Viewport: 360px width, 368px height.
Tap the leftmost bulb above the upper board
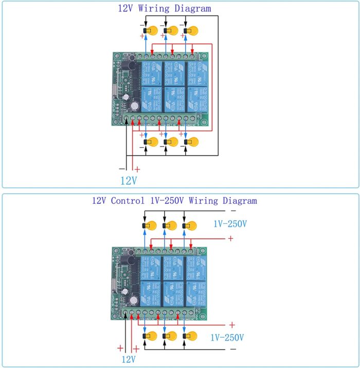coord(150,31)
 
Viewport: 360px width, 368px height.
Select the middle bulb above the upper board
coord(171,31)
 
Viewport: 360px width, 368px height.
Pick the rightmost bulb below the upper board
coord(192,142)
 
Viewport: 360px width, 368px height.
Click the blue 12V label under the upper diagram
coord(129,181)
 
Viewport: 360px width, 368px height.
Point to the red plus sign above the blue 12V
coord(137,168)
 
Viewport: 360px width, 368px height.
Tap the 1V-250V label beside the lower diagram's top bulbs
coord(230,224)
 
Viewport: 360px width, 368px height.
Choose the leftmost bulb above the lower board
coord(150,226)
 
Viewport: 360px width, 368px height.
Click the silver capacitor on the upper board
coord(134,106)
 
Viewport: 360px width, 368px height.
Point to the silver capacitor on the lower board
coord(134,300)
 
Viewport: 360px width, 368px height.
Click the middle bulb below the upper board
coord(171,142)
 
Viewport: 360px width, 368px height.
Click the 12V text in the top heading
coord(128,9)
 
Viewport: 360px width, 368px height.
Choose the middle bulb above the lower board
coord(170,226)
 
